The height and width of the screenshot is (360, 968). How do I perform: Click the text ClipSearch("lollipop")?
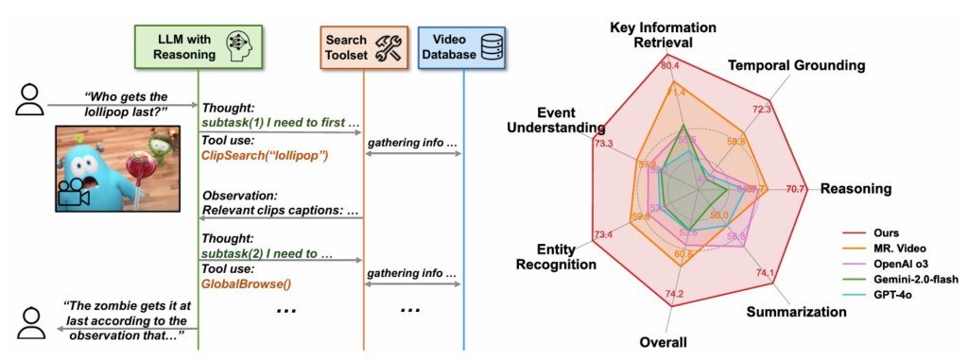264,155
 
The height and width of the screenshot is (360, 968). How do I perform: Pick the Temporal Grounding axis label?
795,65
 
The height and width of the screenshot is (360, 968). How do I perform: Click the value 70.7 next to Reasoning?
796,189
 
